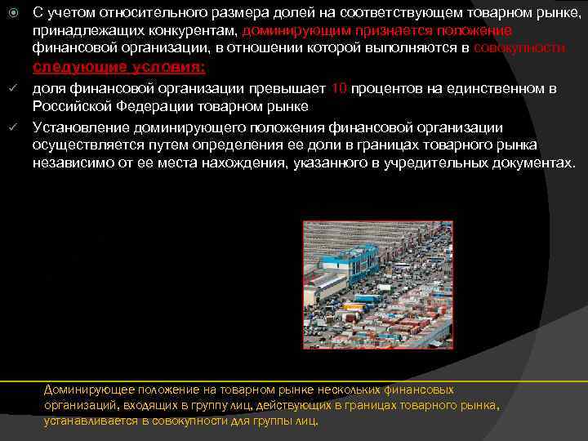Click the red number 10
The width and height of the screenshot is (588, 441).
click(341, 88)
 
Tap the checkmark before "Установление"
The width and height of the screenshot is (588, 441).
click(11, 127)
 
